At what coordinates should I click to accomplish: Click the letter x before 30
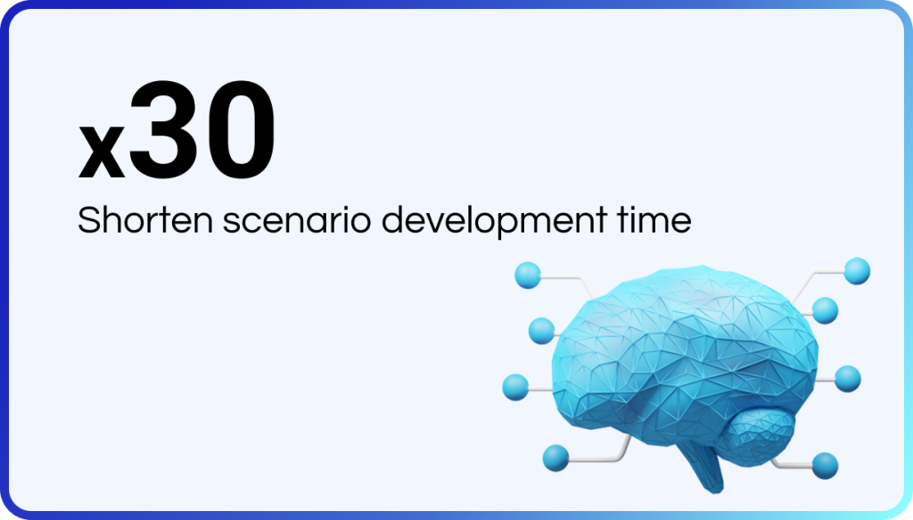[x=102, y=151]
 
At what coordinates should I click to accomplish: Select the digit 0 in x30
[x=240, y=130]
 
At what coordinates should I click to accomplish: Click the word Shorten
[x=145, y=220]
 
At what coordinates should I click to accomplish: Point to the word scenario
[x=297, y=220]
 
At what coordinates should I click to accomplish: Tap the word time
[x=654, y=220]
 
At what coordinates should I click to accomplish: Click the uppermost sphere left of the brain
[x=528, y=275]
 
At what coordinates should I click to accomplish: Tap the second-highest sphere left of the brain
[x=541, y=331]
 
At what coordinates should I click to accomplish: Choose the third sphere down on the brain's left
[x=515, y=387]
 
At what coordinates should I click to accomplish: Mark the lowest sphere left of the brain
[x=555, y=458]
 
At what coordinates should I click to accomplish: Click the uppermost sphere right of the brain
[x=857, y=271]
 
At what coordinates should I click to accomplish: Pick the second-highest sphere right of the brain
[x=825, y=310]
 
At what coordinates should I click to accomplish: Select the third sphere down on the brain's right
[x=848, y=379]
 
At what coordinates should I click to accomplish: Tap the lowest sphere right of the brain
[x=825, y=466]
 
